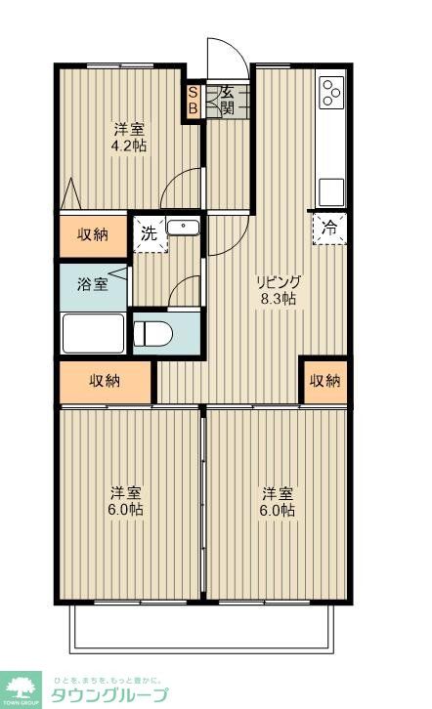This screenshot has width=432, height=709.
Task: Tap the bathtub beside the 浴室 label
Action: pyautogui.click(x=93, y=333)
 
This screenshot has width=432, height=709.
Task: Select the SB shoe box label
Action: pyautogui.click(x=193, y=102)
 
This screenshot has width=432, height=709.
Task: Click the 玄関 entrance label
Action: pyautogui.click(x=225, y=101)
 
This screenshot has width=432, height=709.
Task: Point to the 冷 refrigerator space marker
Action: pyautogui.click(x=329, y=229)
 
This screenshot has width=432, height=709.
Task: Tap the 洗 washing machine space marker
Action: pyautogui.click(x=149, y=234)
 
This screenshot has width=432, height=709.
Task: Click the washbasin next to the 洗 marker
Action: pyautogui.click(x=182, y=228)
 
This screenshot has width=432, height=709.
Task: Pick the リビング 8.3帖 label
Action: pyautogui.click(x=277, y=290)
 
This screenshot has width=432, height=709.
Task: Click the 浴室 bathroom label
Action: pyautogui.click(x=93, y=285)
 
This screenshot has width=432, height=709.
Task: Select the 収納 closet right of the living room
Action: pyautogui.click(x=324, y=381)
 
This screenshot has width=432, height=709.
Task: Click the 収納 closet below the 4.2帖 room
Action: pyautogui.click(x=93, y=234)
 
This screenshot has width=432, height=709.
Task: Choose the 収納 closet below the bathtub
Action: pyautogui.click(x=106, y=381)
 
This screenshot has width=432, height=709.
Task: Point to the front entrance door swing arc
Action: pyautogui.click(x=221, y=56)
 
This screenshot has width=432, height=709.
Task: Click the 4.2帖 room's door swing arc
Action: pyautogui.click(x=179, y=188)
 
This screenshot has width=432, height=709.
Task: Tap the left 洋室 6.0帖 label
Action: pyautogui.click(x=126, y=500)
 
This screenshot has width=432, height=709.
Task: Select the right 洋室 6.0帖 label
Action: pyautogui.click(x=277, y=500)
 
